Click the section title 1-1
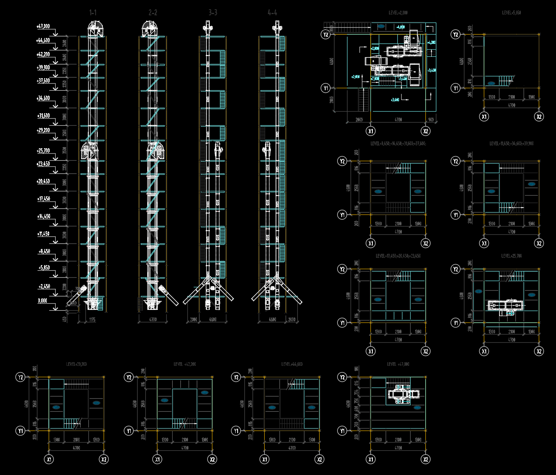[93, 13]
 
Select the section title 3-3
[213, 13]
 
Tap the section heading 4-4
[272, 13]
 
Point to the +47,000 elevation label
[43, 26]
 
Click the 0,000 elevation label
[42, 301]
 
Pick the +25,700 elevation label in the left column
[43, 151]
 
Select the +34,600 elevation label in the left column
[43, 98]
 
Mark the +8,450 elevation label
[44, 251]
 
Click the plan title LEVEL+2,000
[398, 13]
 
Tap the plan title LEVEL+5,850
[511, 13]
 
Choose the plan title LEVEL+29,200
[76, 364]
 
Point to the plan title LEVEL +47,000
[398, 364]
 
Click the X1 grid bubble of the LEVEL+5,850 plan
[484, 116]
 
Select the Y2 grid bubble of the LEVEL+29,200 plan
[20, 377]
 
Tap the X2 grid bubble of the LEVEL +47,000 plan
[426, 459]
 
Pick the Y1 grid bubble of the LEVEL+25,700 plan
[456, 323]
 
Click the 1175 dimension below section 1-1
[92, 320]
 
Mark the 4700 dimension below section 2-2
[153, 319]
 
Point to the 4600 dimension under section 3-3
[213, 319]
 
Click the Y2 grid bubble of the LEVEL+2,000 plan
[326, 35]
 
